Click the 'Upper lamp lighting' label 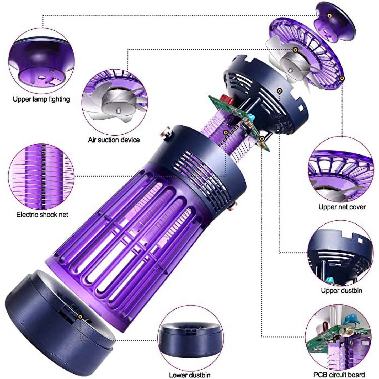(x=41, y=99)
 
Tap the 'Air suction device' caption (x=114, y=140)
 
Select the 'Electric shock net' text (x=42, y=215)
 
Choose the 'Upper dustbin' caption (x=341, y=291)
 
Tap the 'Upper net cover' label (x=342, y=207)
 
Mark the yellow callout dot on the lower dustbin (x=81, y=317)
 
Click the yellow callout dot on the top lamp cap (x=330, y=15)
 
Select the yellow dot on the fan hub (x=296, y=49)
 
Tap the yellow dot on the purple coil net (x=225, y=132)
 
